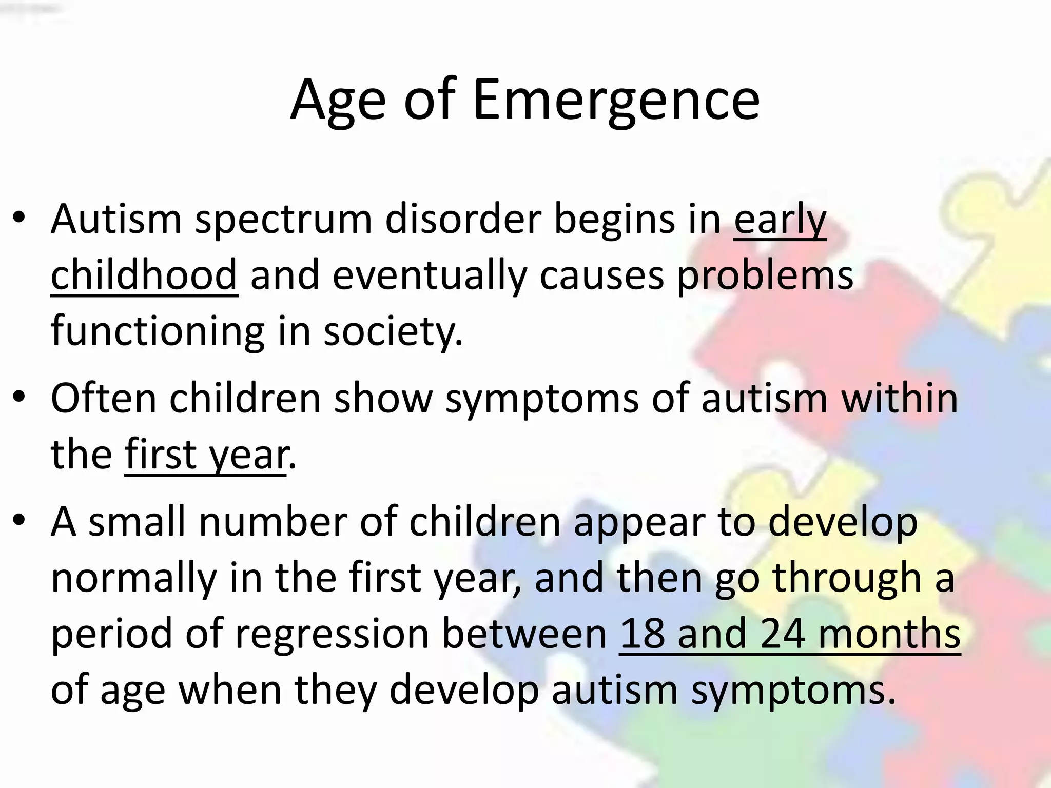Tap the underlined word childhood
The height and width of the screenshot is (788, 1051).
tap(144, 275)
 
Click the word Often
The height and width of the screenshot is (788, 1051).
tap(103, 398)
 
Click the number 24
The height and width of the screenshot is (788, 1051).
tap(783, 634)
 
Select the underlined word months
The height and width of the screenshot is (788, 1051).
tap(889, 634)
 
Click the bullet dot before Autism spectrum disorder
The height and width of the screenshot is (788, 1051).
tap(19, 218)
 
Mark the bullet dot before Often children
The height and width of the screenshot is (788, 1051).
tap(19, 397)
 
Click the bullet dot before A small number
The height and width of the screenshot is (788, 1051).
tap(19, 520)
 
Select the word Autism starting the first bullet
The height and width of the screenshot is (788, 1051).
tap(116, 220)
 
